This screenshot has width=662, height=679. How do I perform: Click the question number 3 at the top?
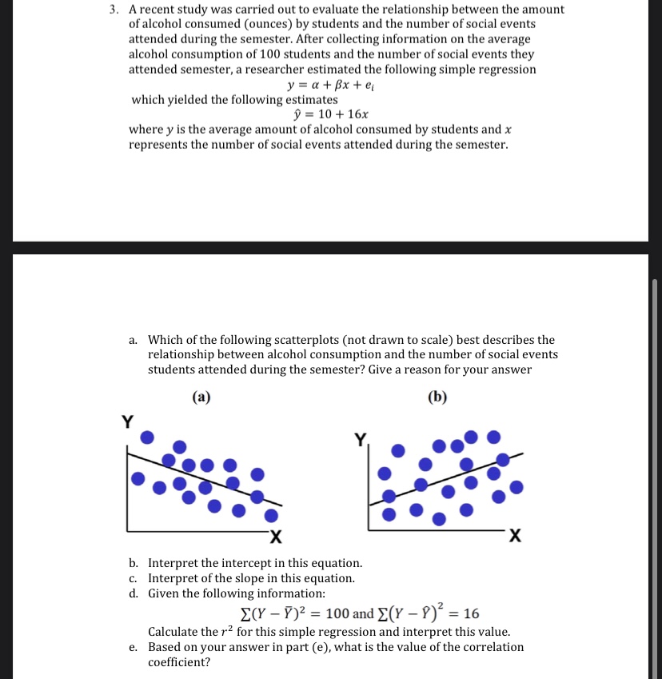click(x=115, y=10)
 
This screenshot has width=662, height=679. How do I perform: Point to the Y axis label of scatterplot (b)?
click(x=361, y=438)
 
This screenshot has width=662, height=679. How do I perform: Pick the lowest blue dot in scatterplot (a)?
click(x=273, y=514)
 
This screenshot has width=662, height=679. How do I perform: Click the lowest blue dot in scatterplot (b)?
click(x=438, y=519)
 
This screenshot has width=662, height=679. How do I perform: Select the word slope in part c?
click(x=260, y=578)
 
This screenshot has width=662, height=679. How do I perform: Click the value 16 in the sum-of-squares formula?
click(x=471, y=614)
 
